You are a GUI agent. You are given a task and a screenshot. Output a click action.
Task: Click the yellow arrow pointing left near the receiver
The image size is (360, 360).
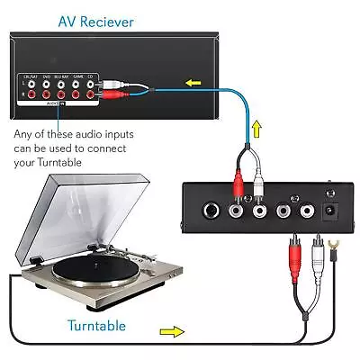[x=192, y=85]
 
